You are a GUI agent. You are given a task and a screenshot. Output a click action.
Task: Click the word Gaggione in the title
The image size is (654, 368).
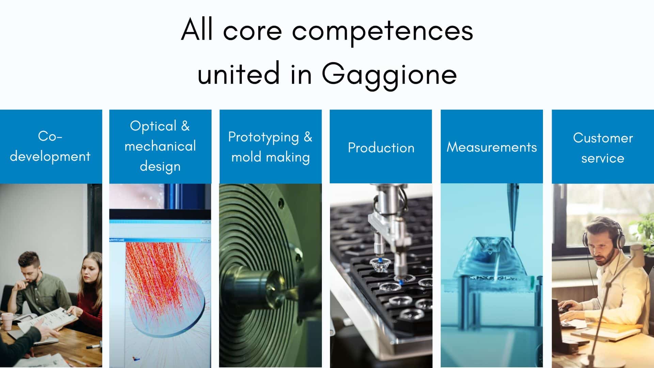tap(389, 74)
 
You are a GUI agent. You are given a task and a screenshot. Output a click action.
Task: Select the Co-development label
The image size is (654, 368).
tap(50, 146)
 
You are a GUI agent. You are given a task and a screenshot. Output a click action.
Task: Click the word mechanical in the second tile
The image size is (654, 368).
tap(160, 146)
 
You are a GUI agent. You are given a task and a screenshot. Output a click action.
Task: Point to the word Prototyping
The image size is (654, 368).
tap(263, 137)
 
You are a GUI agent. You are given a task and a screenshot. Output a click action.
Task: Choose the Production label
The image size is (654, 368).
tap(381, 148)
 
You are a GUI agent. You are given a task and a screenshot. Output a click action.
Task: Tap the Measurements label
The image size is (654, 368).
tap(492, 147)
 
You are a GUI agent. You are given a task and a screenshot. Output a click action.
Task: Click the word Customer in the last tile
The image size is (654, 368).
tap(603, 138)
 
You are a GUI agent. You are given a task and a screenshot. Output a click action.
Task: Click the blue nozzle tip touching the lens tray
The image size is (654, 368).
tap(402, 281)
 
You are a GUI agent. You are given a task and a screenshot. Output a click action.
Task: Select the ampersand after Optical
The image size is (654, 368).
tap(185, 126)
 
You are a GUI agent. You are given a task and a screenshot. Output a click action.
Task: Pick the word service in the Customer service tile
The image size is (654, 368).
tap(603, 158)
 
